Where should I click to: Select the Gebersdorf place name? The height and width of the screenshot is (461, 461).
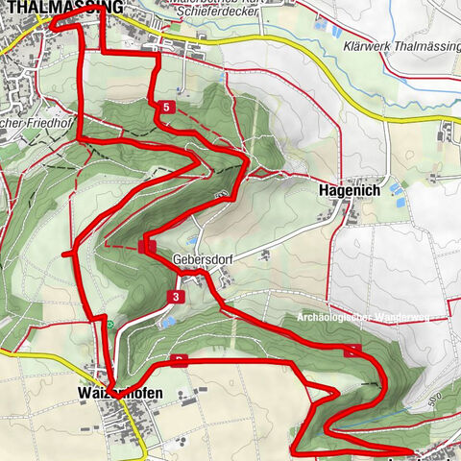(205, 259)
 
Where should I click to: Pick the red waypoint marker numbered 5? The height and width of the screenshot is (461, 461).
(168, 109)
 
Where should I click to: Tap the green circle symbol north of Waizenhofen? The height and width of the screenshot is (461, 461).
(111, 325)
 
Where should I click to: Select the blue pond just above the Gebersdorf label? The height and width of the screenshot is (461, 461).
(192, 240)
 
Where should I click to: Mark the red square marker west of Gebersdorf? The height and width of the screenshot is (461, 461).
(145, 247)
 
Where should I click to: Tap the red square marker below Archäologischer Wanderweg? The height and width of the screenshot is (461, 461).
(356, 350)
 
